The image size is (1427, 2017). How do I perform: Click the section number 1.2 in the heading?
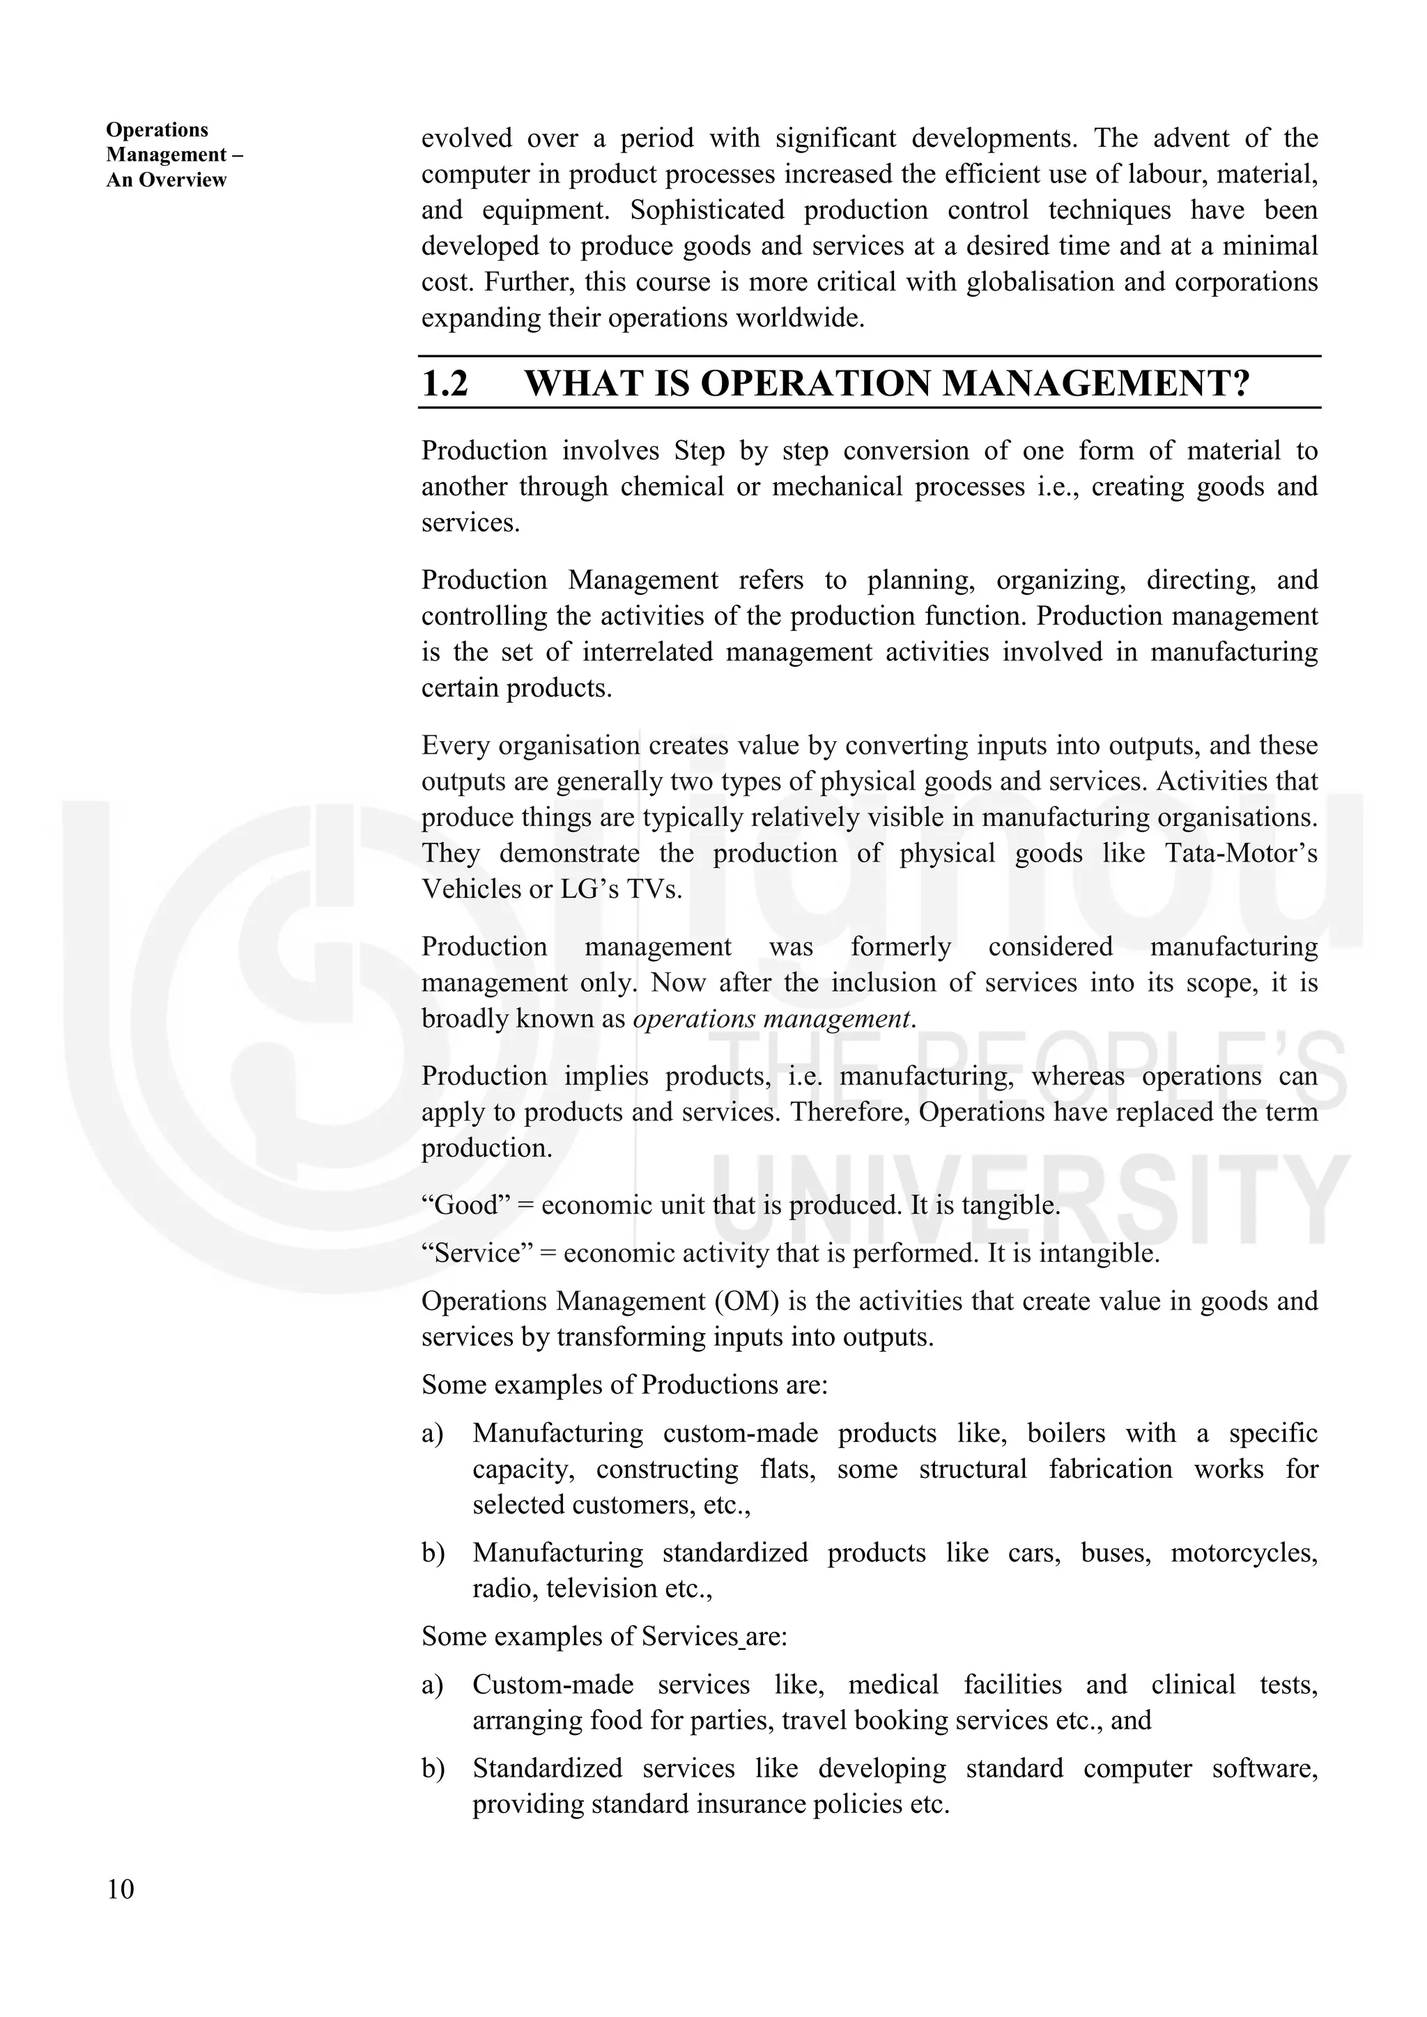tap(445, 384)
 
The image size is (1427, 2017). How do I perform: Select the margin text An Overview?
tap(166, 180)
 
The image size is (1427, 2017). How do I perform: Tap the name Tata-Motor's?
tap(1241, 854)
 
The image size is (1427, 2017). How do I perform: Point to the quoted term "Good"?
tap(465, 1206)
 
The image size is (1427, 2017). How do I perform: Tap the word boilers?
tap(1066, 1433)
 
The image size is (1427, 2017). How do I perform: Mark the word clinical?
tap(1194, 1685)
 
